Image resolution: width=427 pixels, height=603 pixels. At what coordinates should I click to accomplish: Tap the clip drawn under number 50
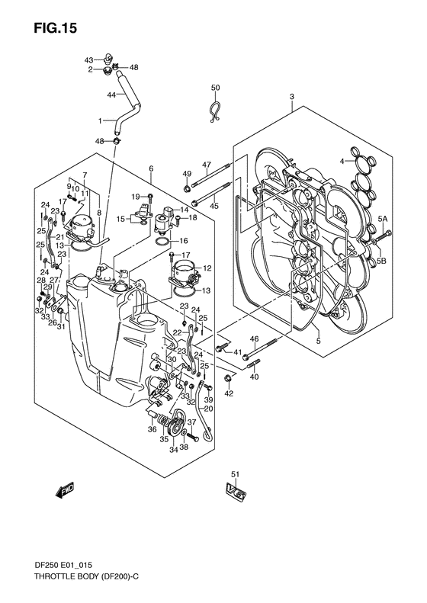pyautogui.click(x=216, y=112)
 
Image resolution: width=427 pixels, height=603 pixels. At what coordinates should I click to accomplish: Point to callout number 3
pyautogui.click(x=291, y=96)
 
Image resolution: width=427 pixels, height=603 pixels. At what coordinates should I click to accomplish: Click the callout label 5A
pyautogui.click(x=384, y=219)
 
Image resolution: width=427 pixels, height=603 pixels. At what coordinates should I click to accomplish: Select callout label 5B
pyautogui.click(x=384, y=261)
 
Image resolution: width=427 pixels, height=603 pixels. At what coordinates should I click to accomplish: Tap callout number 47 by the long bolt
pyautogui.click(x=206, y=165)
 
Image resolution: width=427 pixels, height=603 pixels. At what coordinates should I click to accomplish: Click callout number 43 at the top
pyautogui.click(x=88, y=59)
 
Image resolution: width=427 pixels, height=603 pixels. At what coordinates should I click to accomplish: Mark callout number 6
pyautogui.click(x=151, y=168)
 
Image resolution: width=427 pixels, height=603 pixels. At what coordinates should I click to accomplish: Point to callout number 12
pyautogui.click(x=207, y=268)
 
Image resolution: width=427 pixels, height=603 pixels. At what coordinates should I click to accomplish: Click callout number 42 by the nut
pyautogui.click(x=229, y=393)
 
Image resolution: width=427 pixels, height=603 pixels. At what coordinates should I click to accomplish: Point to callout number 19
pyautogui.click(x=134, y=197)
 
